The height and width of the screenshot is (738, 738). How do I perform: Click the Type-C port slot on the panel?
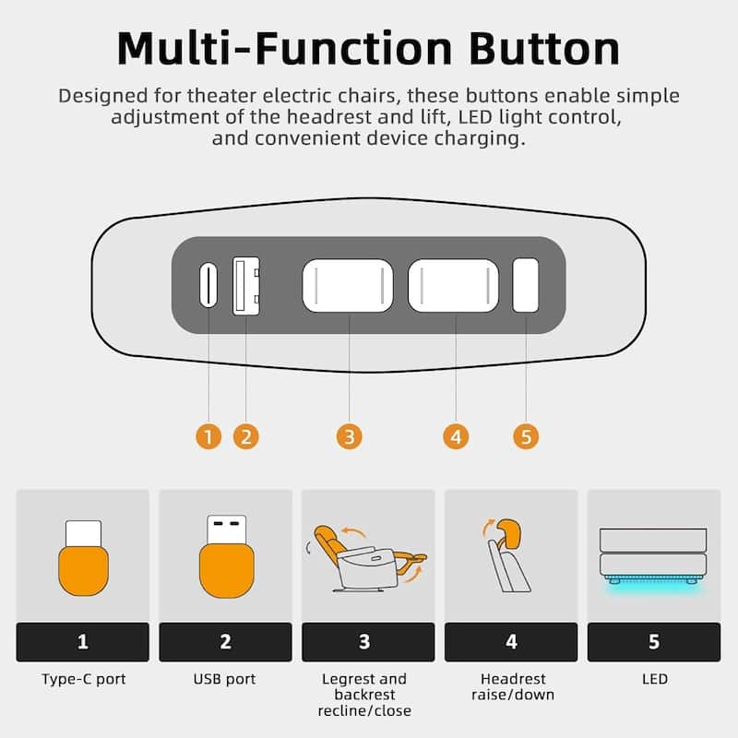click(x=208, y=285)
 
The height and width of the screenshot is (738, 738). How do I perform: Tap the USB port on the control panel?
click(x=246, y=286)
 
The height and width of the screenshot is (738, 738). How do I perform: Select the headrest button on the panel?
click(x=453, y=285)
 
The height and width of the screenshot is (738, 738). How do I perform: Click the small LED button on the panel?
click(x=525, y=285)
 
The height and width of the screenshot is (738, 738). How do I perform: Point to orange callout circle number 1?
click(x=208, y=436)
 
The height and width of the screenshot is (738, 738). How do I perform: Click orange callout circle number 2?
click(x=246, y=436)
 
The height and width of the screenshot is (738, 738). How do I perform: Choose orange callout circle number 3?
click(x=350, y=436)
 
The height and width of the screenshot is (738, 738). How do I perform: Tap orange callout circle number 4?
click(x=456, y=436)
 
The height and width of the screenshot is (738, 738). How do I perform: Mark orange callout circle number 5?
click(x=526, y=436)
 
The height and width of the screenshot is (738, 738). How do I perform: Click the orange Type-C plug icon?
click(x=83, y=569)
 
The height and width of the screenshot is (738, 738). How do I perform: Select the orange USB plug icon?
click(x=226, y=569)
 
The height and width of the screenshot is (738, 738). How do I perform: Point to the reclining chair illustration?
click(x=366, y=558)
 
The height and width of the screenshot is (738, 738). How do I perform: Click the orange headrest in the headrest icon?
click(x=508, y=533)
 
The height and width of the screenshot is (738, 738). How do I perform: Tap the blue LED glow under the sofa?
click(x=653, y=584)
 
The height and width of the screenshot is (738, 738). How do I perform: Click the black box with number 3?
click(x=368, y=642)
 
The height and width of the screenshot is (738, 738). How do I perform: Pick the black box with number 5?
click(x=654, y=642)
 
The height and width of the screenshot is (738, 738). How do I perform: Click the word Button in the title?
click(x=544, y=49)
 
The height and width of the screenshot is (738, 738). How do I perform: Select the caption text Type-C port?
click(x=83, y=679)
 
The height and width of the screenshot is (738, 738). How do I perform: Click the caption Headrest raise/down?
click(x=513, y=686)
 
